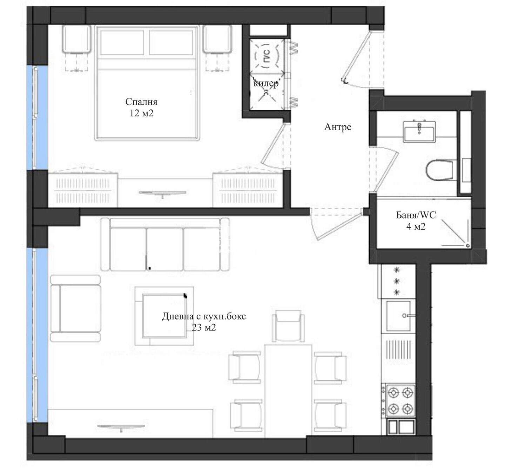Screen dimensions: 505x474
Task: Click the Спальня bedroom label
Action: (141, 102)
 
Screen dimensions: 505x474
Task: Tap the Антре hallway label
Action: (338, 127)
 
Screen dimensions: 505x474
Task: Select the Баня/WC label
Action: (416, 215)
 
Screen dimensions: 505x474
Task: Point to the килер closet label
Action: (266, 83)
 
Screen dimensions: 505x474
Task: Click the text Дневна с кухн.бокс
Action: (204, 317)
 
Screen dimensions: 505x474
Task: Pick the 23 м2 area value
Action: (204, 328)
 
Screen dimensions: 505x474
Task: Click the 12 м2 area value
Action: (142, 113)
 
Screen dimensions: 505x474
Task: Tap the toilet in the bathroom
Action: (439, 170)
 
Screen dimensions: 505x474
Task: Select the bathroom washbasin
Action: (419, 132)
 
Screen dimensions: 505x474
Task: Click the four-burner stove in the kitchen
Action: (400, 400)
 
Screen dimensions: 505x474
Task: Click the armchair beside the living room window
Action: (75, 309)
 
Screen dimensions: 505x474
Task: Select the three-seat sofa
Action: (165, 245)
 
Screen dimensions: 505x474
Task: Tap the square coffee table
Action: (164, 316)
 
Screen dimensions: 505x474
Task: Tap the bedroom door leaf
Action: (273, 143)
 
